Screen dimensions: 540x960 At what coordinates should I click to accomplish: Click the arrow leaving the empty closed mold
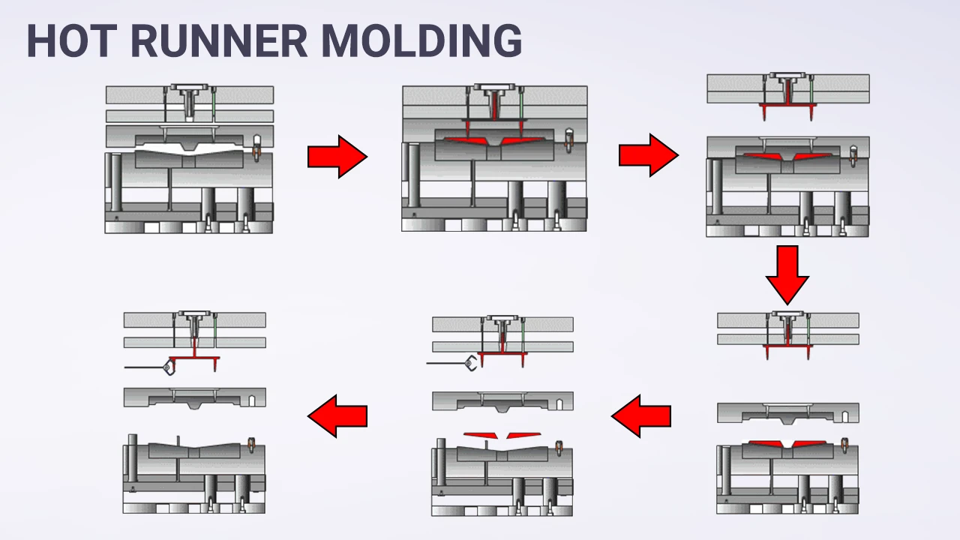pos(337,157)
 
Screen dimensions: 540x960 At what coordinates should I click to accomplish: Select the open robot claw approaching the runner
pos(469,364)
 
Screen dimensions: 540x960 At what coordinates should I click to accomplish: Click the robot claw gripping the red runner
pos(166,367)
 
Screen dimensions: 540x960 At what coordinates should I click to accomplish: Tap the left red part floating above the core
pos(481,435)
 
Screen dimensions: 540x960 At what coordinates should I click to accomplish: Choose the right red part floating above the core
pos(523,435)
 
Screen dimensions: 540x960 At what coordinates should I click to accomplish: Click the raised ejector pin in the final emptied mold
pos(178,439)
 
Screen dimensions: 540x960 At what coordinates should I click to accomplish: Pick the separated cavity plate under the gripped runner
pos(194,397)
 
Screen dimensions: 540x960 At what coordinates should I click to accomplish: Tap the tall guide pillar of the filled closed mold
pos(412,176)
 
